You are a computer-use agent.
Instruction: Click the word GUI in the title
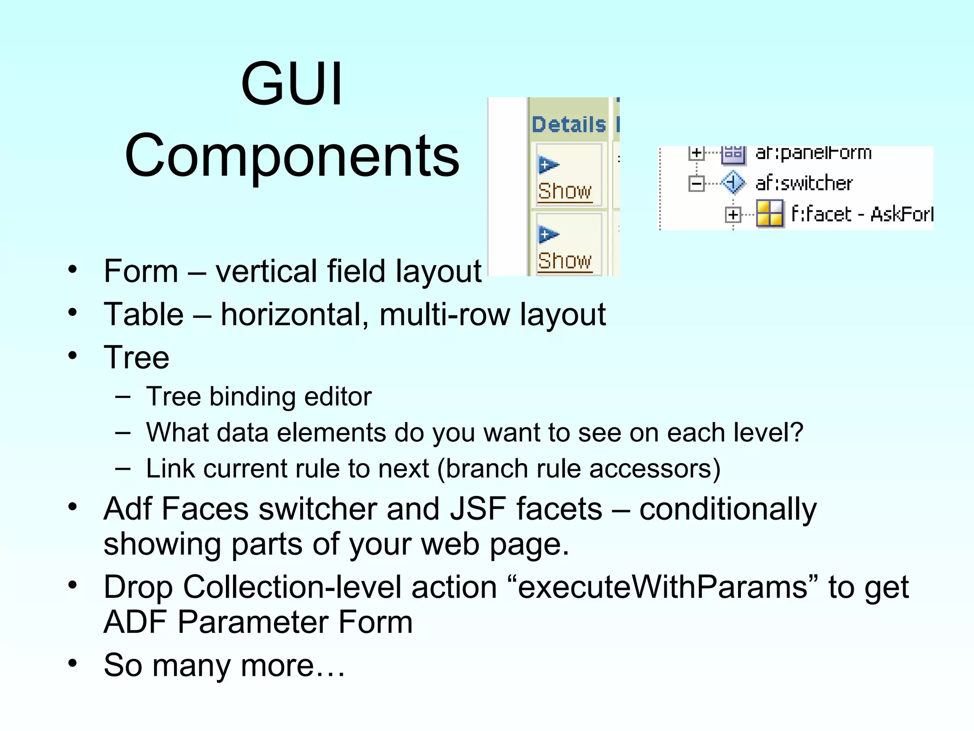(x=292, y=84)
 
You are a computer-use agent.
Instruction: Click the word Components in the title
(x=292, y=156)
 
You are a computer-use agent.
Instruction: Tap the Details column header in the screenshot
(x=569, y=125)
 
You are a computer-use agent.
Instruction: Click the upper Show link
(x=565, y=191)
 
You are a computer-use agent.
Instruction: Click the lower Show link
(x=565, y=261)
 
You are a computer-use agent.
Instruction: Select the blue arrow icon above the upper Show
(x=548, y=165)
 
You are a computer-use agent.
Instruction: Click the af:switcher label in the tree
(x=804, y=183)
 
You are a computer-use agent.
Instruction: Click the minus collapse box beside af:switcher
(x=696, y=183)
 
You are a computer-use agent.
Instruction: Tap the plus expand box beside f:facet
(x=733, y=215)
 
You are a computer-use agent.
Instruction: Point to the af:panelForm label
(x=813, y=153)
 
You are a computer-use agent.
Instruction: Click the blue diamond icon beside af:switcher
(x=733, y=183)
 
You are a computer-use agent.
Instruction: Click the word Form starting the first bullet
(x=141, y=271)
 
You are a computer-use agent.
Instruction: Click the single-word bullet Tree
(x=136, y=357)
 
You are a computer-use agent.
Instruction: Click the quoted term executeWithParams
(x=662, y=587)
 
